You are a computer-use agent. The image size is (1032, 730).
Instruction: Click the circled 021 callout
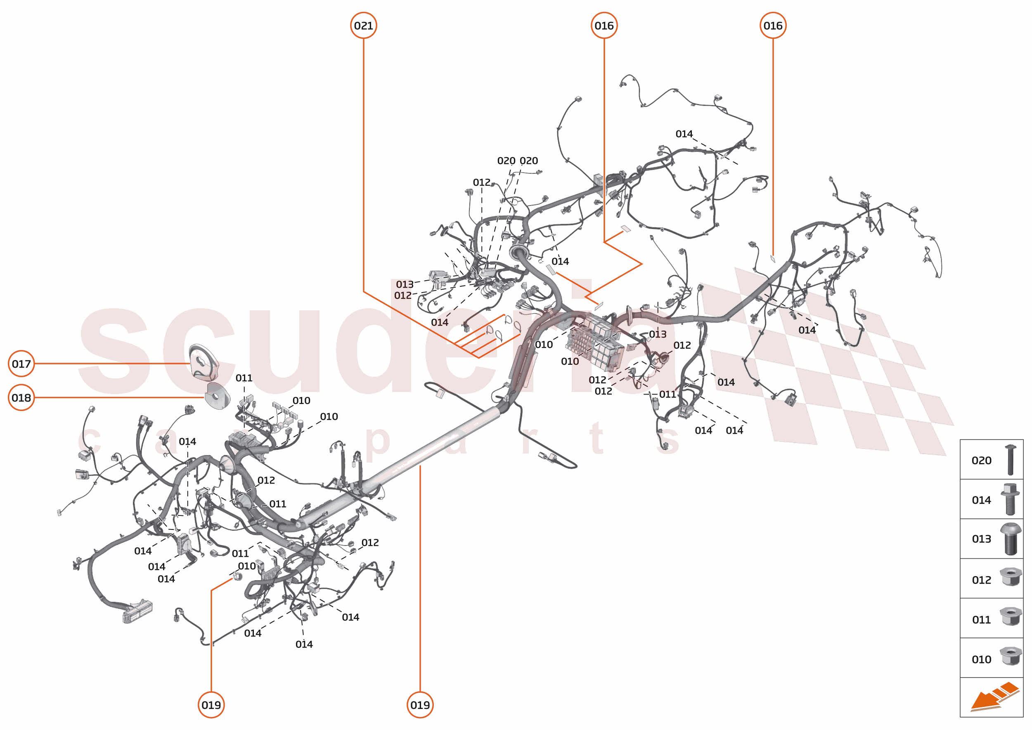click(363, 26)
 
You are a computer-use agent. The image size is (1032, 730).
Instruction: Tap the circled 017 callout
click(21, 364)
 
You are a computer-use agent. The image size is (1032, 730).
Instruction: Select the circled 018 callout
click(21, 398)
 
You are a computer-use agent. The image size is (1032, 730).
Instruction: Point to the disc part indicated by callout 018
click(217, 396)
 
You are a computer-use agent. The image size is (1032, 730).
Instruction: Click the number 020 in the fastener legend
click(981, 461)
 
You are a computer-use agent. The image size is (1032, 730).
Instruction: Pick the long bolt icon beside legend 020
click(1010, 460)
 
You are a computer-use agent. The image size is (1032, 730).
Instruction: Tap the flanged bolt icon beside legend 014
click(1010, 499)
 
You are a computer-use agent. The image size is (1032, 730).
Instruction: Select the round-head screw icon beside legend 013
click(1010, 539)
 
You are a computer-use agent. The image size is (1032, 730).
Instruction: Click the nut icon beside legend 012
click(1010, 577)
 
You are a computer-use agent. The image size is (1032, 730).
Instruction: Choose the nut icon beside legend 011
click(1010, 616)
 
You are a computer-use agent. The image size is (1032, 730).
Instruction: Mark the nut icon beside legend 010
click(1010, 656)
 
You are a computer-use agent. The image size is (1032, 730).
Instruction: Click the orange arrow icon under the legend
click(994, 697)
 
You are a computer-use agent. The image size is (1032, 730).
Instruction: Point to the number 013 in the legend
click(981, 539)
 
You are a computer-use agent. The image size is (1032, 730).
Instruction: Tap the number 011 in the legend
click(981, 620)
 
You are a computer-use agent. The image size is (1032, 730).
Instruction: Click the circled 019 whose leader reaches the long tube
click(420, 705)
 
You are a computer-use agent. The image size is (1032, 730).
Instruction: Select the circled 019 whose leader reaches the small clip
click(211, 705)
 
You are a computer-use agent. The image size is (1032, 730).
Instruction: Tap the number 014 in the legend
click(981, 500)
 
